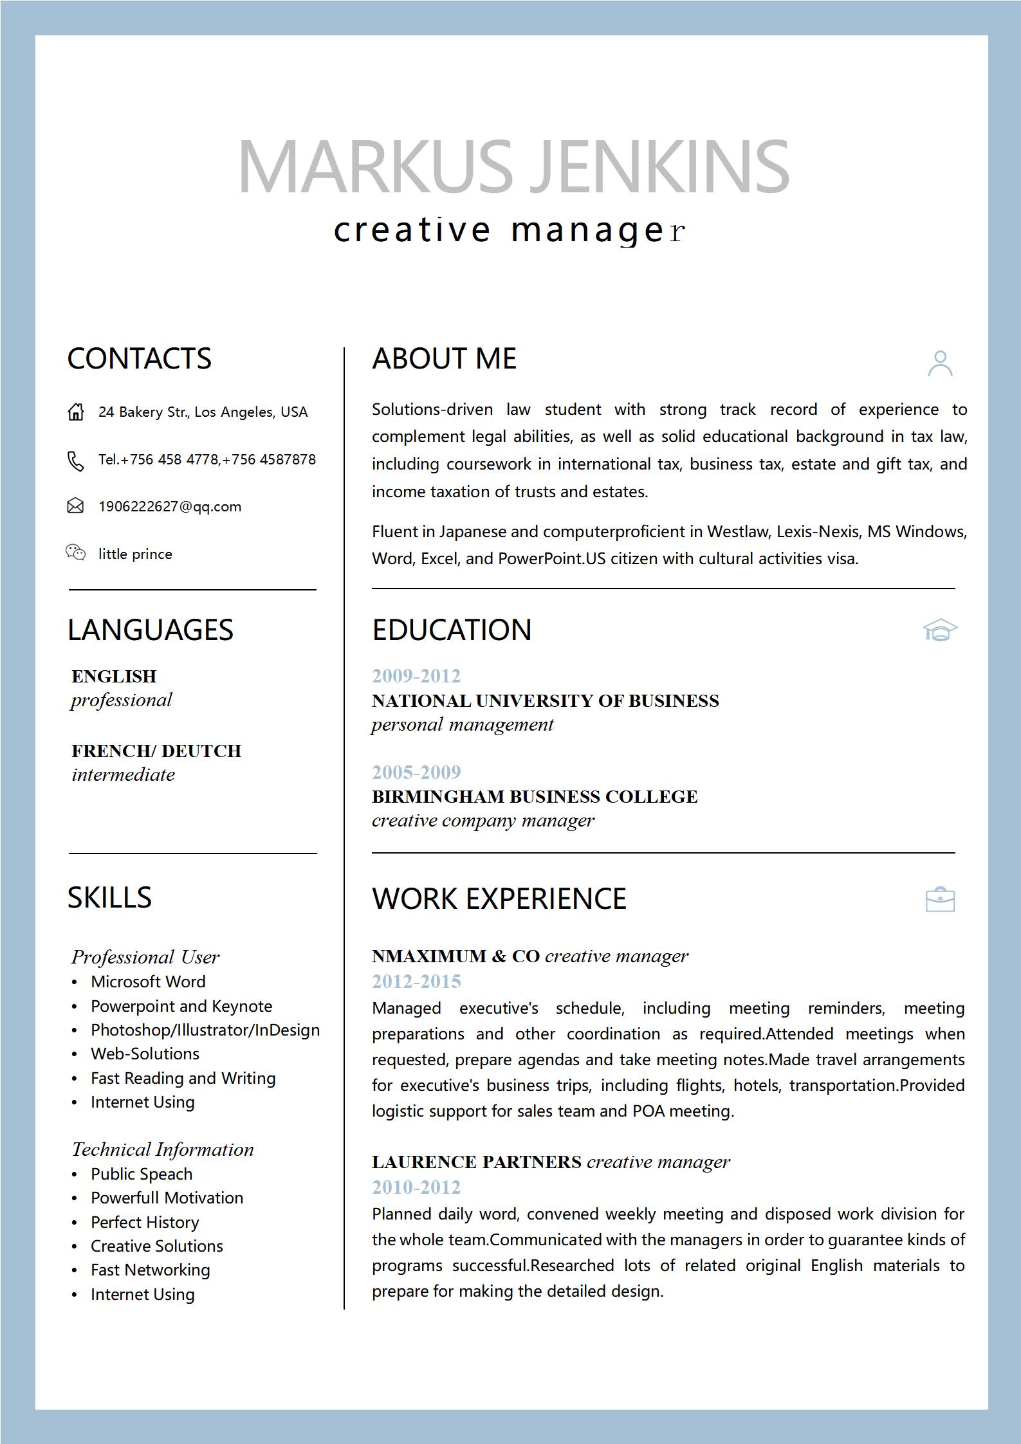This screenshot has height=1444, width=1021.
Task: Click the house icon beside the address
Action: [x=76, y=412]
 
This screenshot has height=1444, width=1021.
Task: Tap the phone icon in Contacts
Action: [x=76, y=461]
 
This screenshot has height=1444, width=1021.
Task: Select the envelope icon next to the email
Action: [x=75, y=506]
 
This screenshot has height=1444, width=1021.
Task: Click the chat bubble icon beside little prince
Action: [x=75, y=553]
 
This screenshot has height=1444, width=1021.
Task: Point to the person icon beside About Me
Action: [x=940, y=363]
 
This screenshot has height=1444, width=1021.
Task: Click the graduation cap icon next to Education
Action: [x=940, y=630]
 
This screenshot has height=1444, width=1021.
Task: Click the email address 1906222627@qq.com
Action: [x=170, y=507]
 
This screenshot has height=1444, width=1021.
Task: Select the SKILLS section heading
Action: [x=109, y=897]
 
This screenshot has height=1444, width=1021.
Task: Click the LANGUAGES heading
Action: [x=151, y=630]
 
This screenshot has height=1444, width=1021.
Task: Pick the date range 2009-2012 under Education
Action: [x=416, y=676]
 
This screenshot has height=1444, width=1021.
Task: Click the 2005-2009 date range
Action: [x=416, y=772]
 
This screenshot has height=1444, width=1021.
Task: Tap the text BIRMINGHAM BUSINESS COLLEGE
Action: [x=535, y=796]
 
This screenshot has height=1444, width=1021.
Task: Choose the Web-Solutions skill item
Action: [x=145, y=1054]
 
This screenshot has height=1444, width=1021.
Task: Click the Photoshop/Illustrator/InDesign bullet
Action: [x=205, y=1030]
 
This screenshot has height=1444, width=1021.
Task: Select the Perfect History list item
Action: [x=145, y=1222]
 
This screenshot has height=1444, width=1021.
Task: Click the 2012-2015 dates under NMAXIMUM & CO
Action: [x=416, y=982]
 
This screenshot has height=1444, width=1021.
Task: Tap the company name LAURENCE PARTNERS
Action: [x=477, y=1162]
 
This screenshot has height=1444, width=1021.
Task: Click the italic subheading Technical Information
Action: [x=163, y=1149]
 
